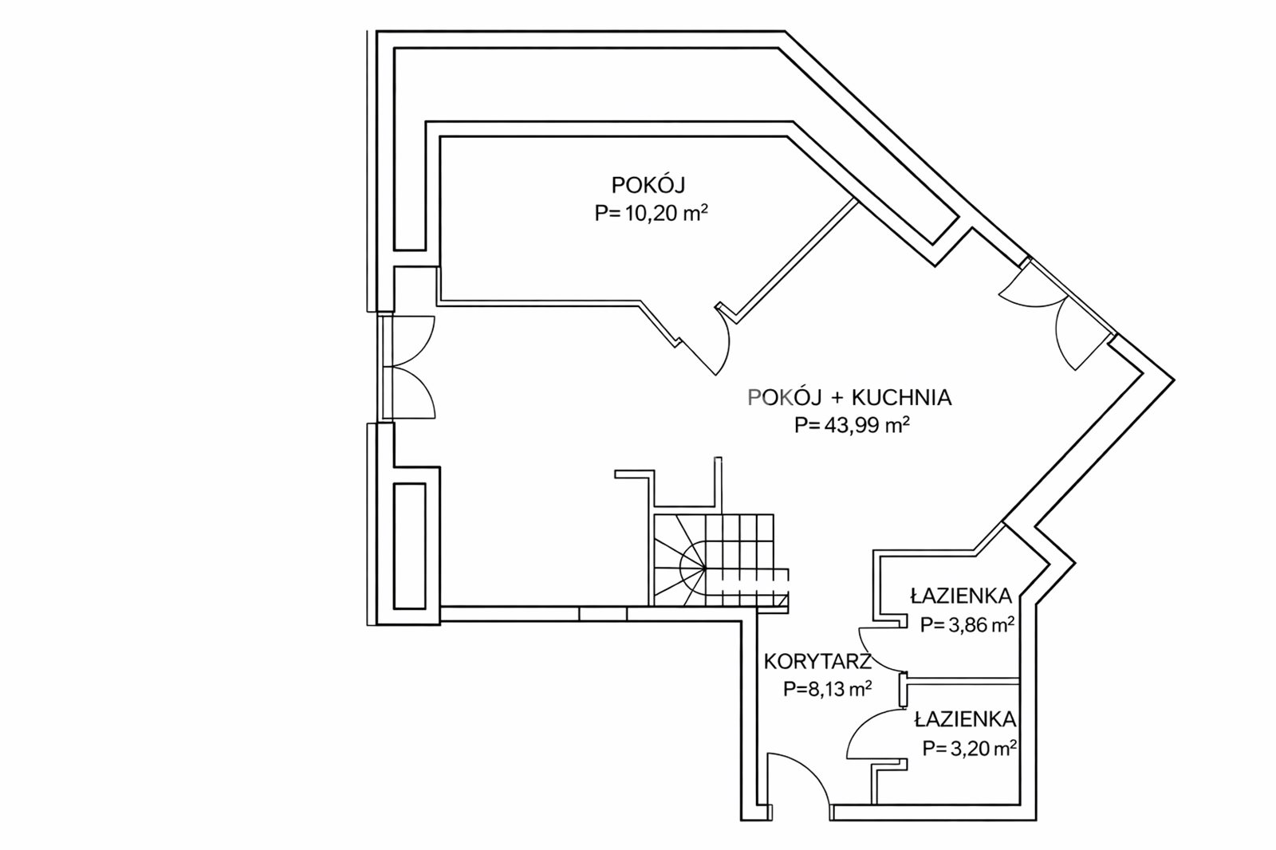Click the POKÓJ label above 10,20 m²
pos(648,185)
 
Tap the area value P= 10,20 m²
pos(652,213)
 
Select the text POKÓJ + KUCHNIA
pos(849,397)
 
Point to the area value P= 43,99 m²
pos(853,425)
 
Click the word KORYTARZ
pos(816,661)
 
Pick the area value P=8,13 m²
pos(826,689)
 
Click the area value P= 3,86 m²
pos(967,624)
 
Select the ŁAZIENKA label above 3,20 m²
pos(965,719)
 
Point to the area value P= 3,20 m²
pos(969,748)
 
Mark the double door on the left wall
pos(407,366)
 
